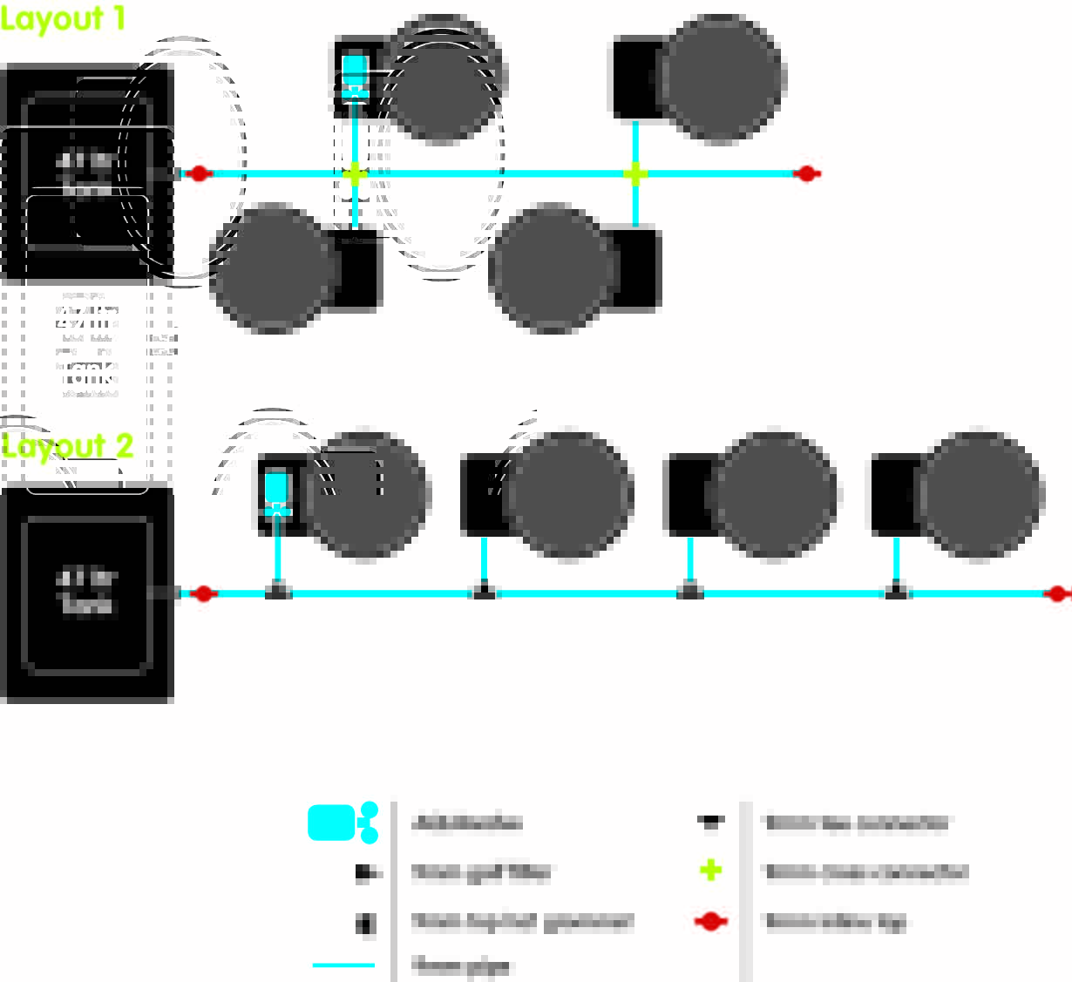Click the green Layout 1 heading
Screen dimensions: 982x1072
(x=63, y=18)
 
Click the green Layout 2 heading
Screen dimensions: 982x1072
(x=67, y=446)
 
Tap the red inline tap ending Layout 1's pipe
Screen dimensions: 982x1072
(x=807, y=173)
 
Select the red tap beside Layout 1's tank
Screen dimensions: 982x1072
(x=199, y=173)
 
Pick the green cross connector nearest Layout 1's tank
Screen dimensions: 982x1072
(x=354, y=174)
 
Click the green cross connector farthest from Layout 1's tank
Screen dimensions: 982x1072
(x=635, y=174)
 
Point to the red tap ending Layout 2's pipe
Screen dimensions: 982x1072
(x=1057, y=593)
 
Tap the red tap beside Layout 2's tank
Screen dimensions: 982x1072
(x=203, y=593)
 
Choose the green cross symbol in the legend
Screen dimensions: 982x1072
(x=711, y=870)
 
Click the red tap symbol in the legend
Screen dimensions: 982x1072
(x=711, y=921)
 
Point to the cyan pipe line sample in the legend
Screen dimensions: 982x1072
(x=343, y=965)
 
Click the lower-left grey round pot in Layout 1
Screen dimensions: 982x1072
(x=273, y=268)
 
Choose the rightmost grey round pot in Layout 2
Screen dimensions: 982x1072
(x=980, y=493)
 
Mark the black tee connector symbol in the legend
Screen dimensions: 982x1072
(x=710, y=821)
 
